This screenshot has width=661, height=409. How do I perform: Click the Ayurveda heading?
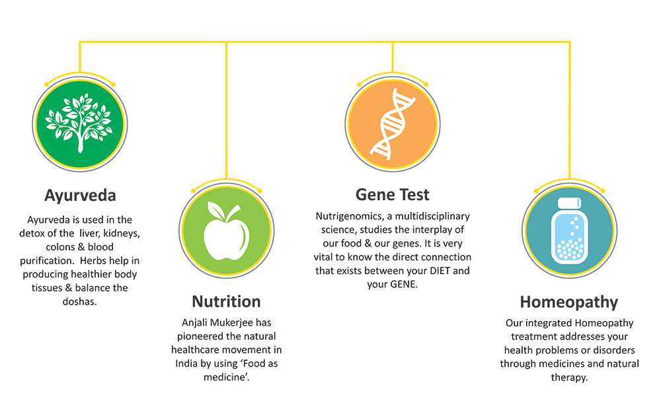pyautogui.click(x=80, y=196)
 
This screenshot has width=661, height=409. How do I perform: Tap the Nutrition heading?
pyautogui.click(x=226, y=301)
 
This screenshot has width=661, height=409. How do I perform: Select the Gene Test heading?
pyautogui.click(x=393, y=195)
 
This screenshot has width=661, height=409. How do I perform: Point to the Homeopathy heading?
pyautogui.click(x=569, y=303)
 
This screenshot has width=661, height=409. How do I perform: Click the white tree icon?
pyautogui.click(x=80, y=123)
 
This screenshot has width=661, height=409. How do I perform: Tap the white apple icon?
pyautogui.click(x=226, y=231)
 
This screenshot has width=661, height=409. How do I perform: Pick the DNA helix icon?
pyautogui.click(x=393, y=124)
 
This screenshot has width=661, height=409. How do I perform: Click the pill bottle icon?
pyautogui.click(x=570, y=231)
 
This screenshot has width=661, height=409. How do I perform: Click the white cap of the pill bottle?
pyautogui.click(x=570, y=203)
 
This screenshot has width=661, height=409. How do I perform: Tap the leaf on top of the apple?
pyautogui.click(x=216, y=209)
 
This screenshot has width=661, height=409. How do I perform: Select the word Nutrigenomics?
pyautogui.click(x=350, y=217)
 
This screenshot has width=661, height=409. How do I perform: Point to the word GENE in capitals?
pyautogui.click(x=403, y=284)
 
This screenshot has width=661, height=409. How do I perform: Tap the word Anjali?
pyautogui.click(x=194, y=323)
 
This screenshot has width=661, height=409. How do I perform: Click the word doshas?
pyautogui.click(x=80, y=301)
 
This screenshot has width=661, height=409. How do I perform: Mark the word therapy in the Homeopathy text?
pyautogui.click(x=569, y=378)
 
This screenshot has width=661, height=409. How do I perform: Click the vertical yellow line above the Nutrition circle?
pyautogui.click(x=226, y=110)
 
